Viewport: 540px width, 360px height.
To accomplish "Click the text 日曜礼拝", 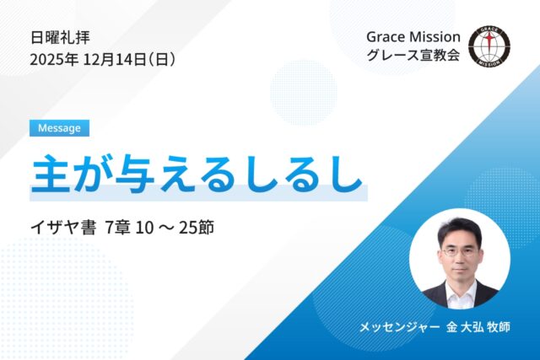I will click(x=60, y=37).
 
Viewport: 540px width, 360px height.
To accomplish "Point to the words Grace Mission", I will click(x=413, y=37).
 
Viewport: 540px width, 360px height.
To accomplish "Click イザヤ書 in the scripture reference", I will click(x=60, y=228).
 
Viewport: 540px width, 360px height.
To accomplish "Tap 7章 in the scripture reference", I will click(x=120, y=228).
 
